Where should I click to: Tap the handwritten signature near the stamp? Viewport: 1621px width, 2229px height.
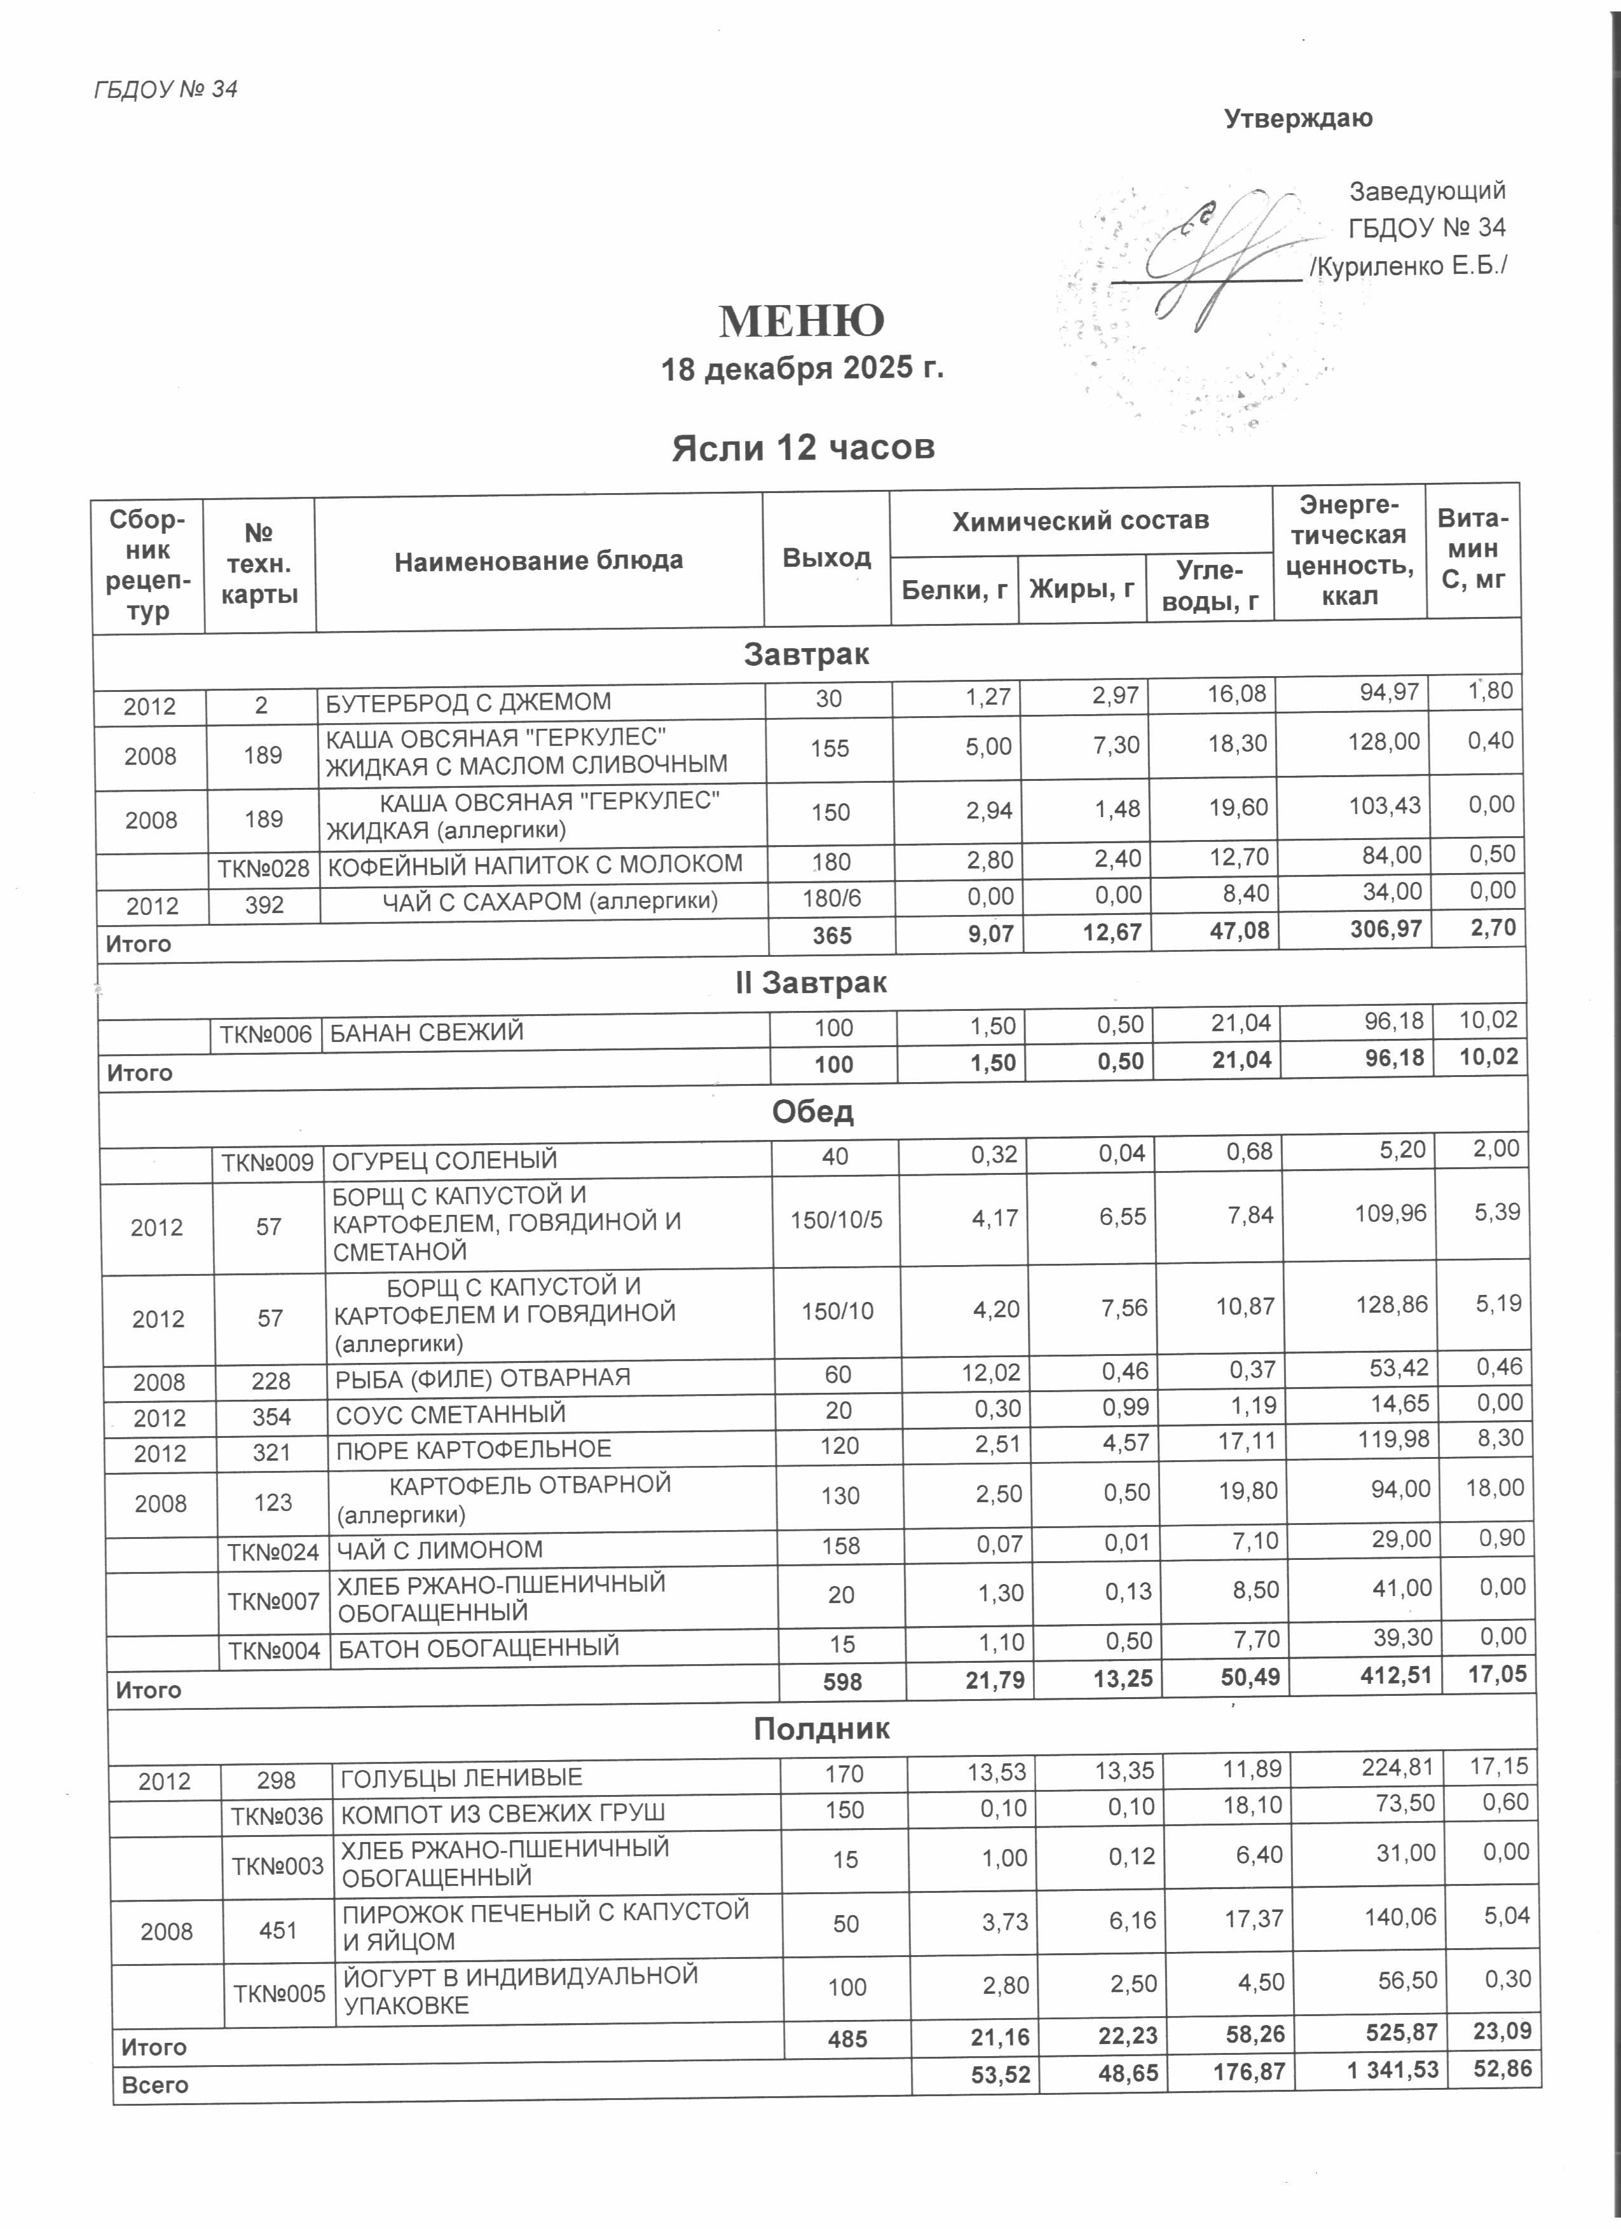(x=1219, y=257)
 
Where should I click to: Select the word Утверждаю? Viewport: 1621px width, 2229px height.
(x=1297, y=119)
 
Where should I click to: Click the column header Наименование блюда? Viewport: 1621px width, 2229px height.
(x=538, y=561)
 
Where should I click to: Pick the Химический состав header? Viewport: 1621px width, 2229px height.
(x=1079, y=521)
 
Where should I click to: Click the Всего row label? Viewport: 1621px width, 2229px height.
(x=154, y=2085)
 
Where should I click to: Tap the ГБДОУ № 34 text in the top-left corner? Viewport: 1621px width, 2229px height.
(x=165, y=90)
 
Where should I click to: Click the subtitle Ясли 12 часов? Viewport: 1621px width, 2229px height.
(x=802, y=448)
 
